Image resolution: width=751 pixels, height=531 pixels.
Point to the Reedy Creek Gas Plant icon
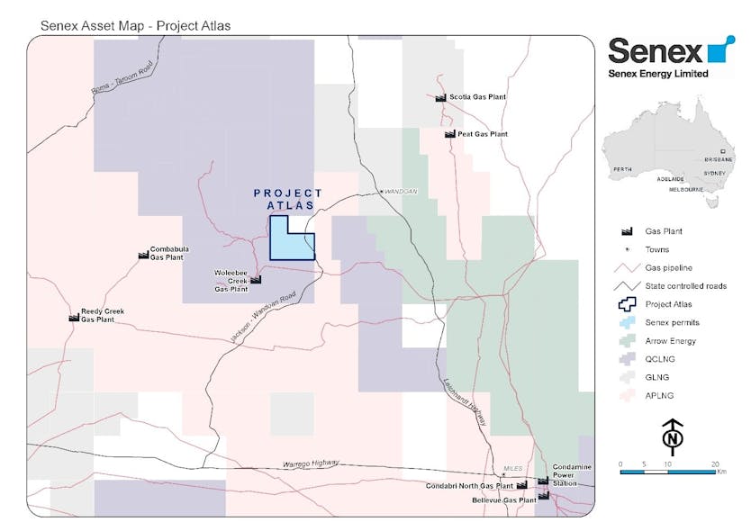tap(74, 317)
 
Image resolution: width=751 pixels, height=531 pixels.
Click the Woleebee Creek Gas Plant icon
tap(256, 280)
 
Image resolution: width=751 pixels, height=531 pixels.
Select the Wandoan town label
tap(401, 192)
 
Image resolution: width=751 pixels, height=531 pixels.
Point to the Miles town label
tap(513, 468)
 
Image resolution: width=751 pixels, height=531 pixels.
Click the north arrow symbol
tap(673, 436)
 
